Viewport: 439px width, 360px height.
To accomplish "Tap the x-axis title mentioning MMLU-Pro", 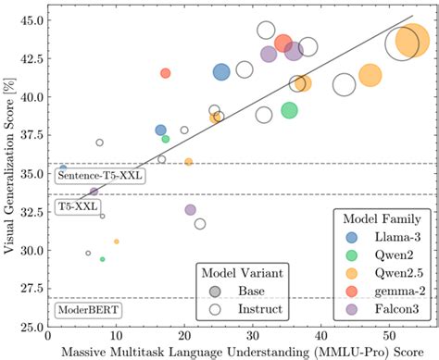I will click(239, 353).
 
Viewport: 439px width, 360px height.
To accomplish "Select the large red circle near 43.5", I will click(284, 43).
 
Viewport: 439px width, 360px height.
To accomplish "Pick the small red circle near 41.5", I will click(165, 73).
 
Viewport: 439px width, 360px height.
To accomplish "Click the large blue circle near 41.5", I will click(221, 72).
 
